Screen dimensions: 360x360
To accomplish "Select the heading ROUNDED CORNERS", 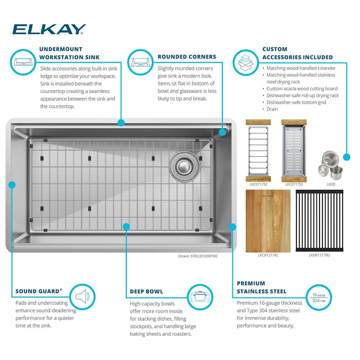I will click(x=187, y=57).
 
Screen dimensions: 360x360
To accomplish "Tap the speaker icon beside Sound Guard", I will click(x=82, y=296).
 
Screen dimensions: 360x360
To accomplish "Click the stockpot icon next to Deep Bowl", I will click(x=198, y=296).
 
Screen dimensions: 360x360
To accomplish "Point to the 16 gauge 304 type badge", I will click(x=319, y=297).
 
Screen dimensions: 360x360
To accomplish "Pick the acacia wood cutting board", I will click(x=268, y=220).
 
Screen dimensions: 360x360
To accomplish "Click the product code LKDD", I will click(x=330, y=184).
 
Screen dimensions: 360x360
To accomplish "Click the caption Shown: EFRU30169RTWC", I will click(x=198, y=256).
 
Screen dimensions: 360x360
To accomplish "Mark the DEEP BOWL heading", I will click(x=146, y=292).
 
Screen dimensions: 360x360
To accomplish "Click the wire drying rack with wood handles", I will click(x=258, y=149).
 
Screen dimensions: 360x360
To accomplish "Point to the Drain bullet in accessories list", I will click(x=272, y=109).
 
